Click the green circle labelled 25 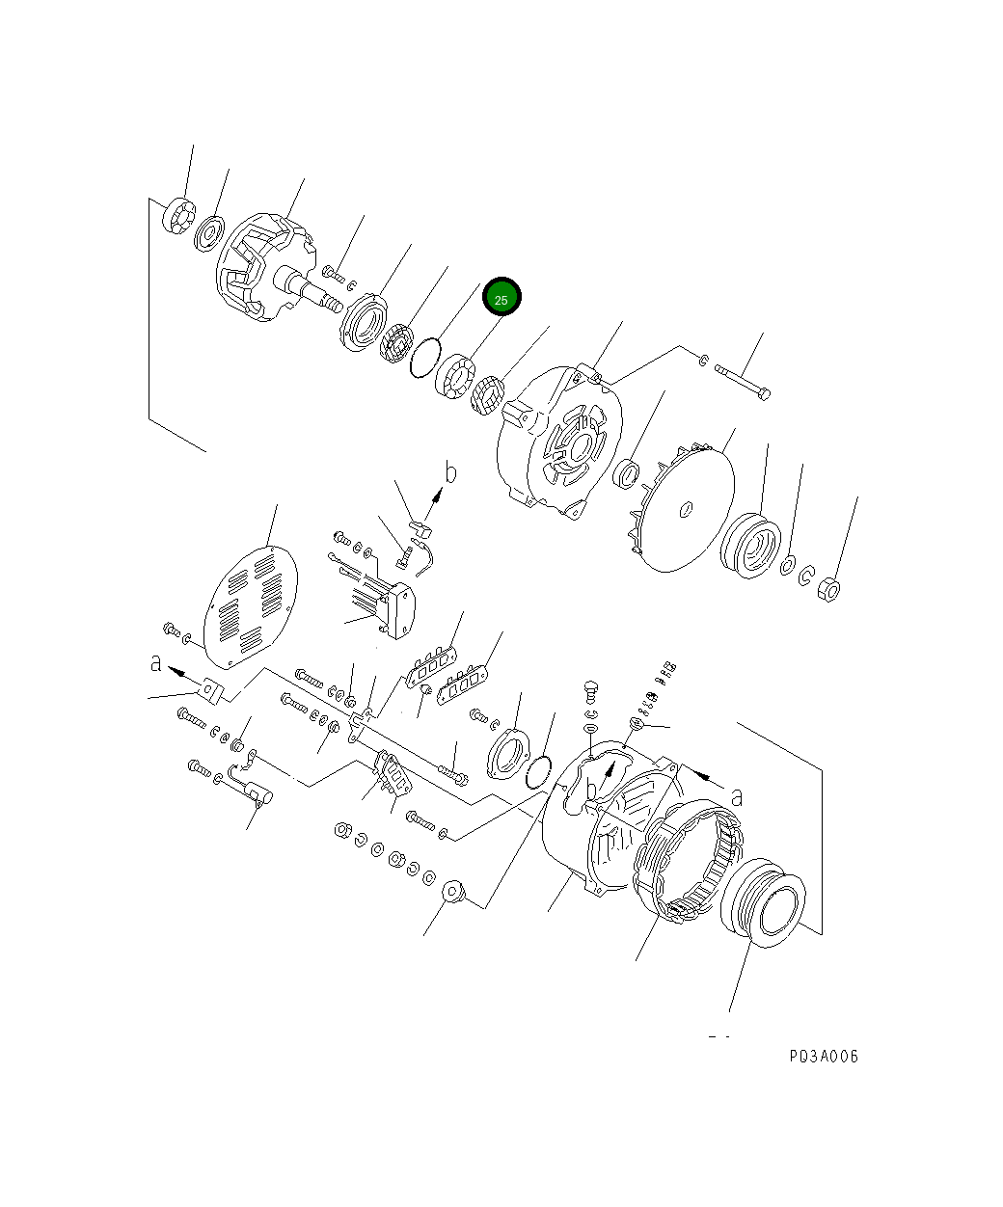tap(501, 298)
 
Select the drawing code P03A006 tap(823, 1056)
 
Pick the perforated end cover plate tap(251, 608)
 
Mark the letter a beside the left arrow tap(155, 663)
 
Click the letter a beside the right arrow tap(736, 796)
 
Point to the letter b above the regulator tap(449, 473)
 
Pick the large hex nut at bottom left tap(454, 893)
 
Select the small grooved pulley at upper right tap(751, 547)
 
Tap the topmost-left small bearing tap(179, 214)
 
